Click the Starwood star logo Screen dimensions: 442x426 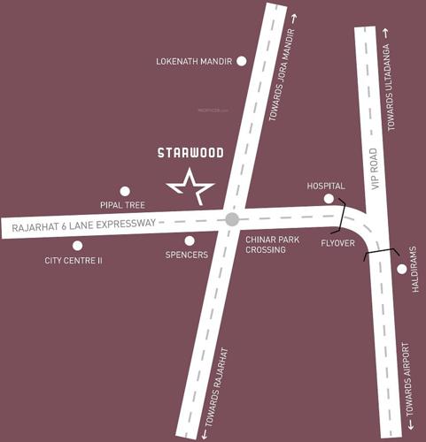[190, 187]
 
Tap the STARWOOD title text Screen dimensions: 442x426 [190, 152]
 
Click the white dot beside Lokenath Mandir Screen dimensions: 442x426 [241, 61]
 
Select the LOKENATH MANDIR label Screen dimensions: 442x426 [193, 62]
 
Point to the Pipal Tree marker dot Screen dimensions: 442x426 [125, 190]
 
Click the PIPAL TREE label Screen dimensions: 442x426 [123, 204]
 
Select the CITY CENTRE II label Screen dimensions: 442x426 [74, 262]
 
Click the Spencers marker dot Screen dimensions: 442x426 [189, 240]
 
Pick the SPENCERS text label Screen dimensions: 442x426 [186, 255]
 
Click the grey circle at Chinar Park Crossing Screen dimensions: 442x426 [232, 218]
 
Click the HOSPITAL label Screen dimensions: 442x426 [326, 187]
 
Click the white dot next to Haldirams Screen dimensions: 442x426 [402, 269]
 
